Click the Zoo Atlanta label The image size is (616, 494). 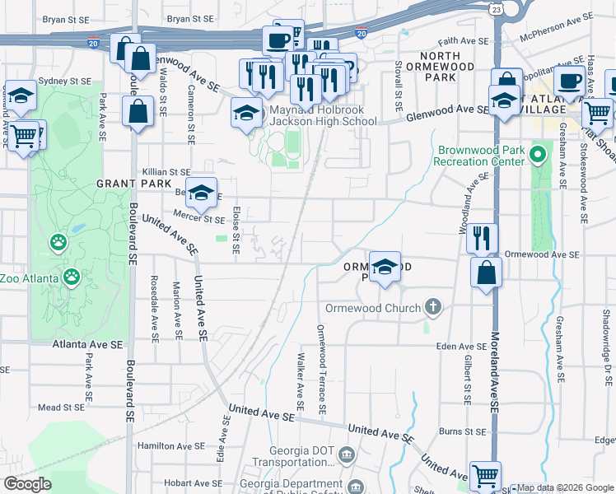[29, 278]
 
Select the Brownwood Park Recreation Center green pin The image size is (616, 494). [539, 154]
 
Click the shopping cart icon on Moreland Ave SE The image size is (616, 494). [485, 476]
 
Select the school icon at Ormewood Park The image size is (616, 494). [385, 268]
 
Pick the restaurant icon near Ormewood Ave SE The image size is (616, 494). [482, 238]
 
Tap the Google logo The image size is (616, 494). [27, 484]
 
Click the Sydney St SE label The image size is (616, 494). [63, 82]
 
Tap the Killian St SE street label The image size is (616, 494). [166, 171]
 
